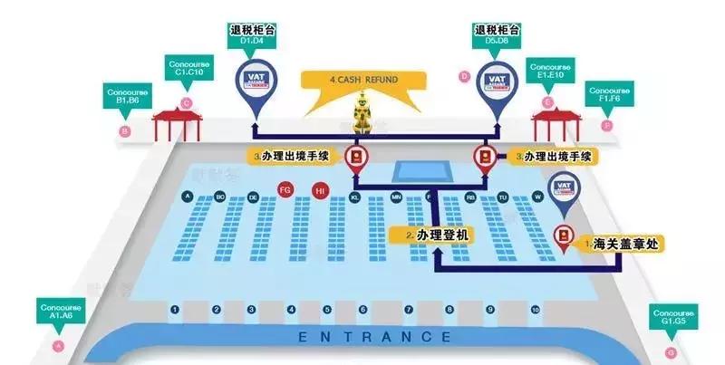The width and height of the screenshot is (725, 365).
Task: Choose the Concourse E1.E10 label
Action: (x=550, y=70)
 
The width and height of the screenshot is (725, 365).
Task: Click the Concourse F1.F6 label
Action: (x=612, y=95)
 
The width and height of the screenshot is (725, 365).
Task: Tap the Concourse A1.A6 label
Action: (x=60, y=312)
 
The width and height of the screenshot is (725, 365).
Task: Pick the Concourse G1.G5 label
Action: (x=671, y=316)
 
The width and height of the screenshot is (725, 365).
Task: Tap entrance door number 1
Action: (x=174, y=310)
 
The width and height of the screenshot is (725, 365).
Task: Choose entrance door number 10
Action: (x=536, y=310)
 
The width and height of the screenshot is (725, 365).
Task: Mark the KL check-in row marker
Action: (x=355, y=197)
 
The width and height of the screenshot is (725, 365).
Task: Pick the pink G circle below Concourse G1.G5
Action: (x=671, y=351)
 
